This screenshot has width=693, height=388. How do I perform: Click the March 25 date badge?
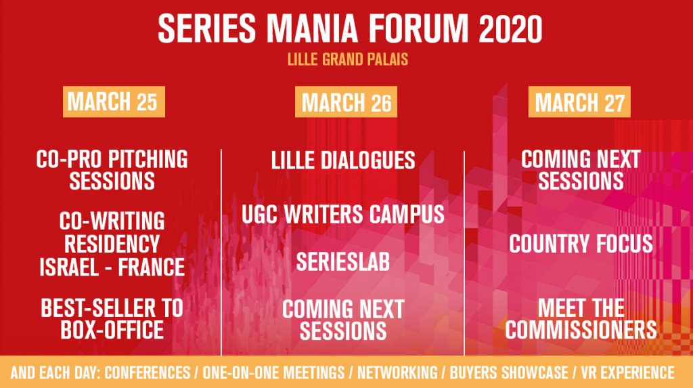click(x=114, y=102)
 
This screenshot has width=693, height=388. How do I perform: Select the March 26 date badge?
click(x=346, y=102)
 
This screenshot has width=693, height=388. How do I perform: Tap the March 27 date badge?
click(x=579, y=102)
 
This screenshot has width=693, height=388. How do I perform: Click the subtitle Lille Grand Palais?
click(x=347, y=60)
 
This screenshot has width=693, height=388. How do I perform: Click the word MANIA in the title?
click(x=313, y=28)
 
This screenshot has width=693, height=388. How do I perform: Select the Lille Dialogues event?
click(x=343, y=160)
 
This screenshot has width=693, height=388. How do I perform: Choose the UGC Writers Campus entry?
click(x=343, y=215)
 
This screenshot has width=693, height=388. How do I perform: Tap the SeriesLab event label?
click(x=343, y=262)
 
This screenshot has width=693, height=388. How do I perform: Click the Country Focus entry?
click(x=581, y=244)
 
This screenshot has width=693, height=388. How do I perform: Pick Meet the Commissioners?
click(x=581, y=319)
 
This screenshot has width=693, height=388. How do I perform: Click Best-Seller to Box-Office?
click(x=112, y=319)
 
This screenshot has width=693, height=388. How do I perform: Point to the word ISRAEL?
click(x=69, y=267)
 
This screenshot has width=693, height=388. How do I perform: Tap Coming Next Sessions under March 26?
click(x=343, y=320)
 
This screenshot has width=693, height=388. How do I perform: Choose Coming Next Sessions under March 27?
click(x=581, y=171)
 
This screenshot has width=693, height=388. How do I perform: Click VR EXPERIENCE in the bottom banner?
click(x=627, y=372)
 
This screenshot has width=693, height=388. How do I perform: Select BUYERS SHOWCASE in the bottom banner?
click(x=509, y=372)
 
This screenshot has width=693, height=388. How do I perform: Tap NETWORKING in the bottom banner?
click(x=397, y=372)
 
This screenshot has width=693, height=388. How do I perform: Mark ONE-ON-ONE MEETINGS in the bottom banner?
click(x=273, y=372)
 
